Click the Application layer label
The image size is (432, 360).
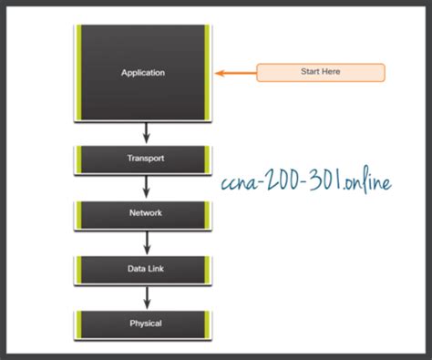[x=145, y=73]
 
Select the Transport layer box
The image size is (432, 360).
[x=145, y=159]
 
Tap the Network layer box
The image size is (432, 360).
[x=145, y=213]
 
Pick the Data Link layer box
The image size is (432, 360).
[x=145, y=269]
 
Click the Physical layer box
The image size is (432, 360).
[x=145, y=324]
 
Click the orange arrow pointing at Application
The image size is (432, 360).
[x=234, y=72]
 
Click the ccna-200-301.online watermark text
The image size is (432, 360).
[x=306, y=184]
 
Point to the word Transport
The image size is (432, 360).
[x=145, y=159]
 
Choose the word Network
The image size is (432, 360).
[x=145, y=213]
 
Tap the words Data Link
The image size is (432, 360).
[x=145, y=269]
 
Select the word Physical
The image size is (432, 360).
[x=145, y=324]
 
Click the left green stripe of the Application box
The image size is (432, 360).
[x=81, y=73]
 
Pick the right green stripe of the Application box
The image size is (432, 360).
[x=208, y=73]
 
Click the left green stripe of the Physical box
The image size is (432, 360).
[x=81, y=324]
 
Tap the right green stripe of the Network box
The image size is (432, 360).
[x=208, y=213]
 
